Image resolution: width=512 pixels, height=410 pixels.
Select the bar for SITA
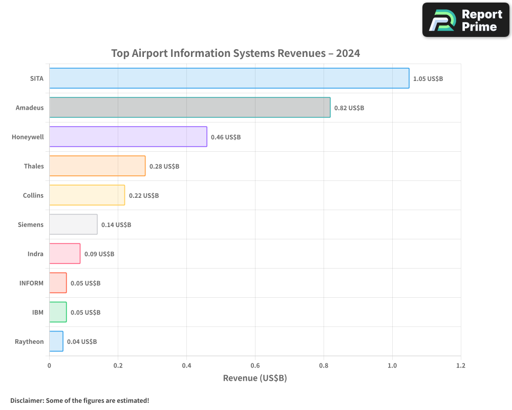pyautogui.click(x=229, y=78)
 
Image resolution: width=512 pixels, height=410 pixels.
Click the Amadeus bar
pyautogui.click(x=189, y=108)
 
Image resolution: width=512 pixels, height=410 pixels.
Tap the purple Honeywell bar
pyautogui.click(x=128, y=137)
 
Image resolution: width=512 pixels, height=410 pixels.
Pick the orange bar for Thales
pyautogui.click(x=97, y=166)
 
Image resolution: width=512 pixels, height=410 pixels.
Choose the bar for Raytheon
pyautogui.click(x=56, y=341)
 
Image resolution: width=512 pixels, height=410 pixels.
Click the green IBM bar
pyautogui.click(x=58, y=312)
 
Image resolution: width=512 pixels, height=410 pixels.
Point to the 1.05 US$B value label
pyautogui.click(x=428, y=79)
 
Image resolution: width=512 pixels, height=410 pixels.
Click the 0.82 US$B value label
pyautogui.click(x=349, y=108)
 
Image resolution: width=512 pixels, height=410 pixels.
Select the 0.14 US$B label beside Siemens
pyautogui.click(x=116, y=225)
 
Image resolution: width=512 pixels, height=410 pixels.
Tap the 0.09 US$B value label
pyautogui.click(x=99, y=254)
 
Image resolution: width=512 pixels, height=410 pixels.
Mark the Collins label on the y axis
pyautogui.click(x=33, y=195)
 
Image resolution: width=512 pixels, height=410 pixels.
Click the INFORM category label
pyautogui.click(x=31, y=283)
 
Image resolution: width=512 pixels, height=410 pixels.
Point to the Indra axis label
pyautogui.click(x=35, y=254)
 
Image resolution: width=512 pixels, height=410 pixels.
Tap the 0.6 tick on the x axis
pyautogui.click(x=255, y=366)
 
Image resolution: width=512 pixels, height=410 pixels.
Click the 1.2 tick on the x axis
pyautogui.click(x=461, y=366)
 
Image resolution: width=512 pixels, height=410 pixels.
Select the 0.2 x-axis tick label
pyautogui.click(x=118, y=366)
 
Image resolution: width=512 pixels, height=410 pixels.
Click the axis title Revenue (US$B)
pyautogui.click(x=254, y=378)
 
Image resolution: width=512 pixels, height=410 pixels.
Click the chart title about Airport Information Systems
pyautogui.click(x=236, y=53)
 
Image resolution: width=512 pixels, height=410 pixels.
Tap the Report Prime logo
pyautogui.click(x=465, y=20)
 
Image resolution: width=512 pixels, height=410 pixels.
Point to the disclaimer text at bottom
pyautogui.click(x=79, y=400)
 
